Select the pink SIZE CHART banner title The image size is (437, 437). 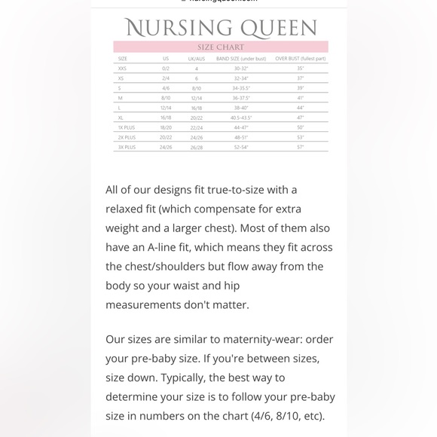click(221, 47)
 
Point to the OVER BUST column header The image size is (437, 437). click(300, 58)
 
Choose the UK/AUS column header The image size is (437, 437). click(196, 58)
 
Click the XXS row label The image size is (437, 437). click(123, 69)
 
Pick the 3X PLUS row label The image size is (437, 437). click(127, 148)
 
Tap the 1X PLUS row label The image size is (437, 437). click(127, 128)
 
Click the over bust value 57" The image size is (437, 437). click(300, 148)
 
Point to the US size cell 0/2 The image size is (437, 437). click(166, 69)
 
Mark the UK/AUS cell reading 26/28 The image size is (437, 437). click(197, 148)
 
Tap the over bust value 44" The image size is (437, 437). click(300, 108)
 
